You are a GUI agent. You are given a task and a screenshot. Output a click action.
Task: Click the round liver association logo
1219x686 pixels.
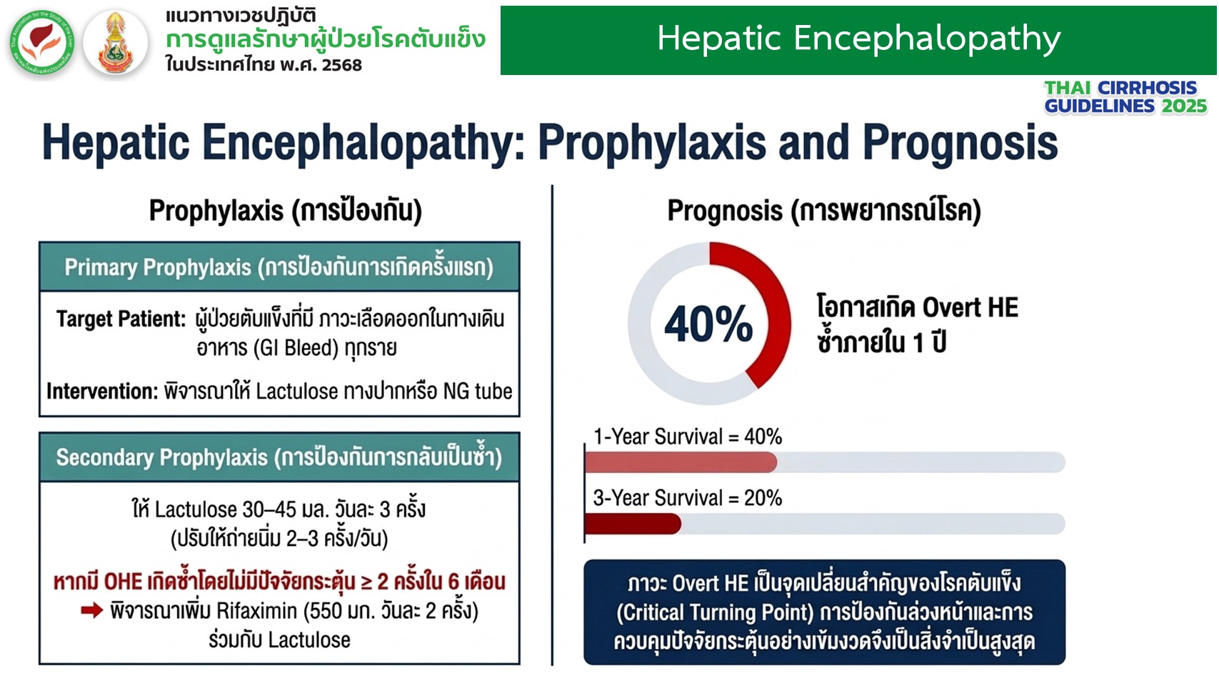42,42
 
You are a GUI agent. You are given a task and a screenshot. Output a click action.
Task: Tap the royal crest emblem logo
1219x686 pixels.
116,42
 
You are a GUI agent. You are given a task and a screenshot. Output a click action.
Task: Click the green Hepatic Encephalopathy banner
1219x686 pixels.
858,40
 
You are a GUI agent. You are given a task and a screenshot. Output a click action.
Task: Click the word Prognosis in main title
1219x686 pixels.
960,143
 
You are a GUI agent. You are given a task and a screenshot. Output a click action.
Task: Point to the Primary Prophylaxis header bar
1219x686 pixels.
279,267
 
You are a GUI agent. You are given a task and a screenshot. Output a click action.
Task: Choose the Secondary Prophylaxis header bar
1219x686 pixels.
279,457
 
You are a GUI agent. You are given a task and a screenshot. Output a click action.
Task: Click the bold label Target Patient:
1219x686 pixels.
121,319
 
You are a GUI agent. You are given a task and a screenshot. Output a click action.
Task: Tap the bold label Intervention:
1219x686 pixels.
102,391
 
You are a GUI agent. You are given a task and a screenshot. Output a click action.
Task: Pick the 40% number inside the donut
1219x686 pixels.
708,324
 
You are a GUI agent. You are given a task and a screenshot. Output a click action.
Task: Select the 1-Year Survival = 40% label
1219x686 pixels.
688,437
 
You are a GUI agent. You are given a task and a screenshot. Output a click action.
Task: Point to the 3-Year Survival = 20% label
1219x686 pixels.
688,498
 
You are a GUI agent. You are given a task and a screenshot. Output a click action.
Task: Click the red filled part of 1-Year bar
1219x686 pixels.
681,462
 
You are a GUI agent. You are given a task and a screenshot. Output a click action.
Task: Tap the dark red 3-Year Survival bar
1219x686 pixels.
633,524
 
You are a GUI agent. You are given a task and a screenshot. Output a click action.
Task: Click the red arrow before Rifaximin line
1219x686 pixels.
92,610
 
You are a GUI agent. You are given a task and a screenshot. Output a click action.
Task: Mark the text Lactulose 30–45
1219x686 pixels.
224,509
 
